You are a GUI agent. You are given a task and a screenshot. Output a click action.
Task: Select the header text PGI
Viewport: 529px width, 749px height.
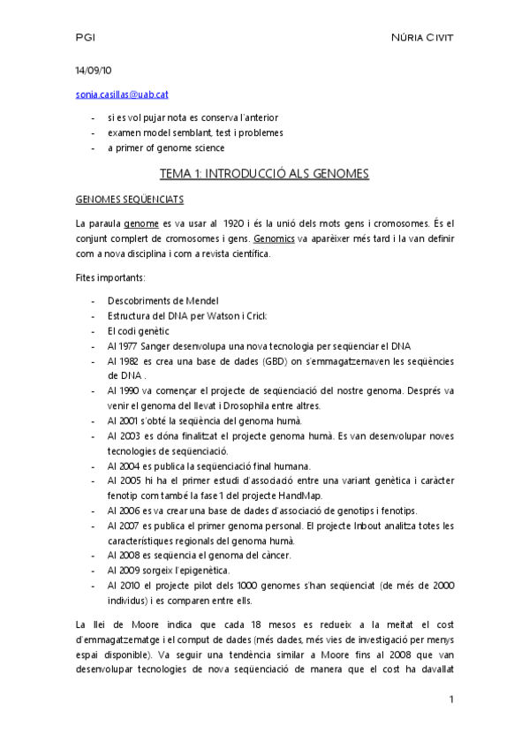[86, 38]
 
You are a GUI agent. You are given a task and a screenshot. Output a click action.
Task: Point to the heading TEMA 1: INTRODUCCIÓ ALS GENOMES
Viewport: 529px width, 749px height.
[263, 174]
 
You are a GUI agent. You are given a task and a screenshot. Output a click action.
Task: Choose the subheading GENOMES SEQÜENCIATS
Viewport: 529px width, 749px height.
[129, 200]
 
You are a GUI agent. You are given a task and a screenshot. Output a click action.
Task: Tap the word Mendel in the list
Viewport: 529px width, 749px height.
[200, 300]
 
